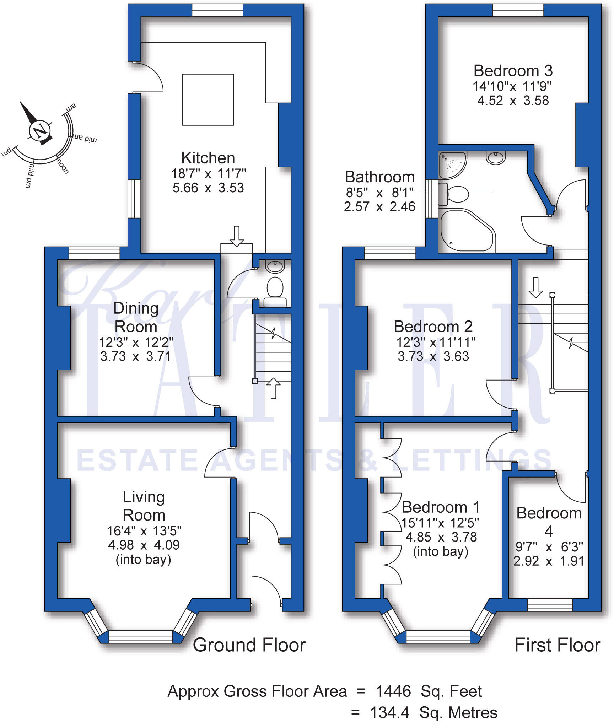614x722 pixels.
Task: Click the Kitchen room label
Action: pyautogui.click(x=208, y=158)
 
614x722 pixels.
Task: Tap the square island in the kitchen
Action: pyautogui.click(x=208, y=100)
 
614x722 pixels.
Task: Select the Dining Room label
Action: pyautogui.click(x=136, y=317)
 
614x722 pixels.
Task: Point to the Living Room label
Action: pyautogui.click(x=144, y=506)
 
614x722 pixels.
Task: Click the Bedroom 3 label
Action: pyautogui.click(x=513, y=71)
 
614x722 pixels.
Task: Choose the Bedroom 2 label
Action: pyautogui.click(x=433, y=327)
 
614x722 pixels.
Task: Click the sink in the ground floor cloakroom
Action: pyautogui.click(x=275, y=266)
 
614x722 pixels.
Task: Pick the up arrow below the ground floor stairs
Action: pyautogui.click(x=273, y=388)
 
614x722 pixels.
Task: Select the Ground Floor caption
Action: pyautogui.click(x=249, y=645)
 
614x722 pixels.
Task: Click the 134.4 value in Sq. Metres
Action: pyautogui.click(x=390, y=712)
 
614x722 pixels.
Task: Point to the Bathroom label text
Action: pyautogui.click(x=379, y=177)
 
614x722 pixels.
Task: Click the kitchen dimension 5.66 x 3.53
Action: pyautogui.click(x=208, y=188)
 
